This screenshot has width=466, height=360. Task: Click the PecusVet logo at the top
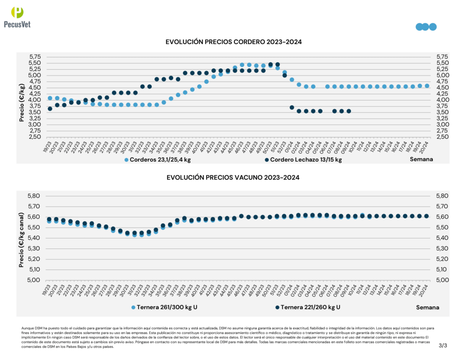(x=17, y=18)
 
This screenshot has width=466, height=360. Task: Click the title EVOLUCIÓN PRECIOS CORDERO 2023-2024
(x=234, y=42)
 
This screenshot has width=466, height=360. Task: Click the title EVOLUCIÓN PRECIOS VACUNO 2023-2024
(x=234, y=177)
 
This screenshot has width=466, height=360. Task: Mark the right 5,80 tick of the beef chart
(x=443, y=196)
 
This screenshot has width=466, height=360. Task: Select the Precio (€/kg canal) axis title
(x=21, y=237)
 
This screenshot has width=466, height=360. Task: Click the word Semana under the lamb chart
(x=421, y=159)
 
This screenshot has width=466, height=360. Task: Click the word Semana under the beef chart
(x=428, y=308)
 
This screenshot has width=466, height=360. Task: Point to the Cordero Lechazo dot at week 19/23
(x=50, y=109)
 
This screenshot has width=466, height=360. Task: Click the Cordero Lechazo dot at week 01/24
(x=292, y=107)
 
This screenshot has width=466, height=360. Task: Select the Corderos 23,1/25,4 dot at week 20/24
(x=427, y=86)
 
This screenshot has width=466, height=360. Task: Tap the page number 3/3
(x=443, y=346)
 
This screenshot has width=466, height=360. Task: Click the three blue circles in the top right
(x=426, y=27)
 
